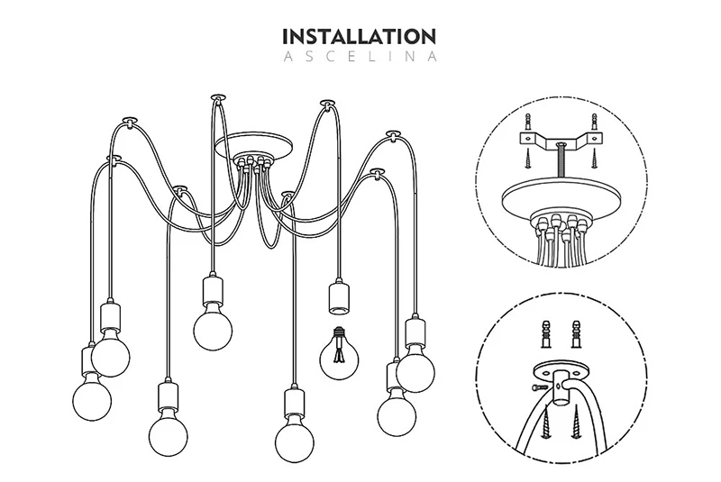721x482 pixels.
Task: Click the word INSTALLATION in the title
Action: [359, 37]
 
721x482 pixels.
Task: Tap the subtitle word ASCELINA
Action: [359, 57]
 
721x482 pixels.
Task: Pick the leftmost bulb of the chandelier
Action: [90, 394]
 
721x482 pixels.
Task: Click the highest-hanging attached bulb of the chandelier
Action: [213, 323]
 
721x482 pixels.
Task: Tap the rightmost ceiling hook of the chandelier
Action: [394, 134]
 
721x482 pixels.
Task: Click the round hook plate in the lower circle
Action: [555, 372]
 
